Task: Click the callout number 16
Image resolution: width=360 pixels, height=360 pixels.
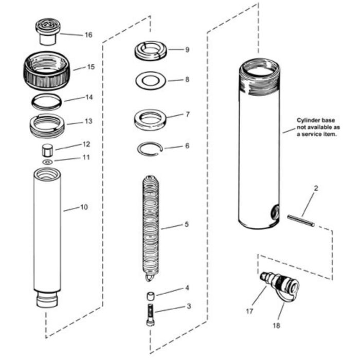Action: [88, 35]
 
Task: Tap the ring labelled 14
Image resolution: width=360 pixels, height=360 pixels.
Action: [47, 101]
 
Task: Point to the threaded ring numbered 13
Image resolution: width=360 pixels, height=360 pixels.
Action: [47, 125]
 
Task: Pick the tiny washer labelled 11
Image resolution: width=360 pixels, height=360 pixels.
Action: [47, 162]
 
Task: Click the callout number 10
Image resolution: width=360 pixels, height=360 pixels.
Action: [84, 207]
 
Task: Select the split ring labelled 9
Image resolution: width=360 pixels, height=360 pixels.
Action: [150, 50]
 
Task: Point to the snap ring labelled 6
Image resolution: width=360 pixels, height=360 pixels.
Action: [150, 149]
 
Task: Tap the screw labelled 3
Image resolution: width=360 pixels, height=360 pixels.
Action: [149, 314]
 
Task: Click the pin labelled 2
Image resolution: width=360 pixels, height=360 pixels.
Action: [300, 220]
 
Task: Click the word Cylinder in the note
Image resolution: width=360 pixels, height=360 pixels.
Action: [307, 120]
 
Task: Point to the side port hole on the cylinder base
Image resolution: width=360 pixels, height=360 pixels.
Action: [274, 210]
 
